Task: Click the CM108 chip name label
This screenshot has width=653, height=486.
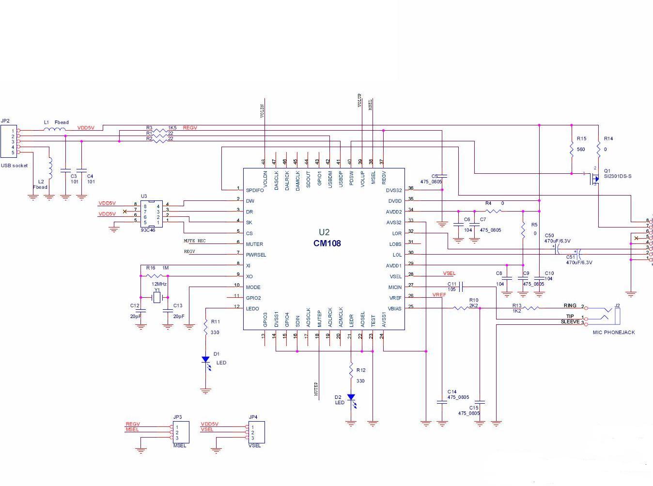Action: [327, 243]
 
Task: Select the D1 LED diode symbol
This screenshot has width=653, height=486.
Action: [205, 360]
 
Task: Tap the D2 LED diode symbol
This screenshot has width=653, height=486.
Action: [351, 397]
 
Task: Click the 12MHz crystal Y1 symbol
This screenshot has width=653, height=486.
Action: [156, 297]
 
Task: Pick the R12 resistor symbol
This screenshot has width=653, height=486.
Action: [351, 370]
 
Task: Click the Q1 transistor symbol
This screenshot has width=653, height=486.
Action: [594, 178]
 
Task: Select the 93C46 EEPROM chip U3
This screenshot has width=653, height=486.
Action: [152, 214]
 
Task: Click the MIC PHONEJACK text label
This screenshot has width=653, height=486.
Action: [613, 333]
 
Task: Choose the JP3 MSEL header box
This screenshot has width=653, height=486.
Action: [181, 432]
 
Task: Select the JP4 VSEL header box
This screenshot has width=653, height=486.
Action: [256, 432]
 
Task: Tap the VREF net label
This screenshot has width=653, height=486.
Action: [439, 295]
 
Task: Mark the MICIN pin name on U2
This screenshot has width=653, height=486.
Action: [395, 288]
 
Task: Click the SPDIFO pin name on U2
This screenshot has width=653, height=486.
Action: [255, 190]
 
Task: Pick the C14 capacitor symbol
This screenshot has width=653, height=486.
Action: [442, 402]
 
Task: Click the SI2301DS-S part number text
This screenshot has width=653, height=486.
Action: [618, 176]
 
